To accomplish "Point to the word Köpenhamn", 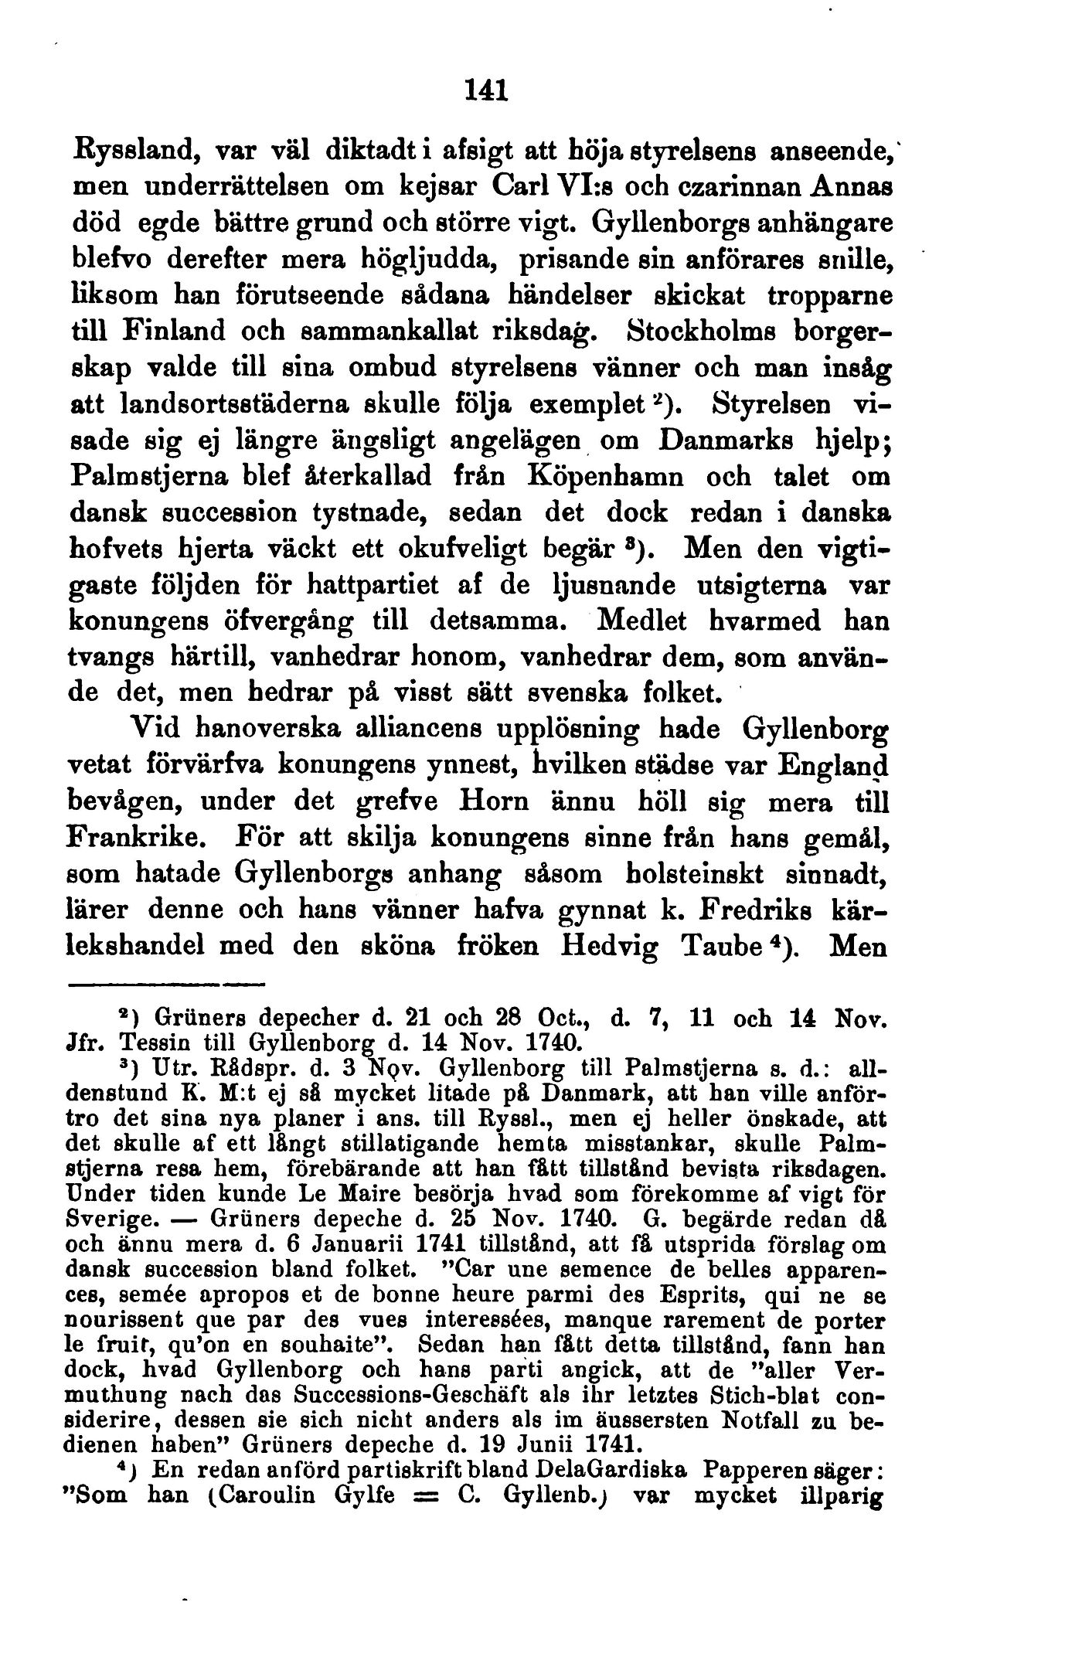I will click(x=605, y=476).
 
